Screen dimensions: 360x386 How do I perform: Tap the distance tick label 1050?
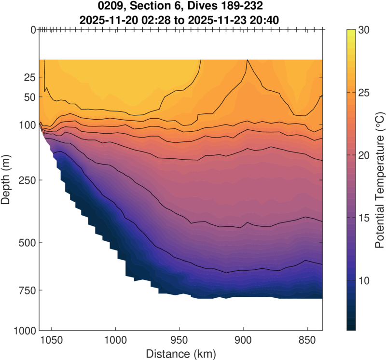pos(51,340)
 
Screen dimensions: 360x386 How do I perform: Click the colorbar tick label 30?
pos(364,30)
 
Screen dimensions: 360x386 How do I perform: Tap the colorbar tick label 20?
pos(364,155)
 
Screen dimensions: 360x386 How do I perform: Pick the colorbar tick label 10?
pos(364,280)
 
